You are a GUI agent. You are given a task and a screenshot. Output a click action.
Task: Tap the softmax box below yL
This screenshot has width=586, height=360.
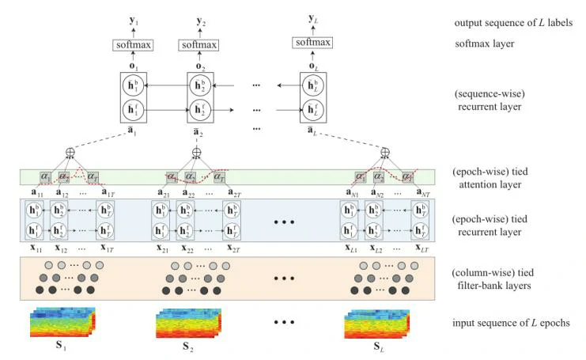[x=312, y=41]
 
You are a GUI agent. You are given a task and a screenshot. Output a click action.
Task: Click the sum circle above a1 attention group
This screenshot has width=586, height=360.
[x=70, y=152]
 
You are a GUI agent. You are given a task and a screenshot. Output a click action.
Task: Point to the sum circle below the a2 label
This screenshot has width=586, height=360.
[x=197, y=152]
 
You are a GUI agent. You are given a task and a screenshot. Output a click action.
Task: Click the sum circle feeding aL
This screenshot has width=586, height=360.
[x=385, y=152]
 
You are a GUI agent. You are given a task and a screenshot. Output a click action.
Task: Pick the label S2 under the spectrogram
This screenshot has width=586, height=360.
[x=188, y=347]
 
